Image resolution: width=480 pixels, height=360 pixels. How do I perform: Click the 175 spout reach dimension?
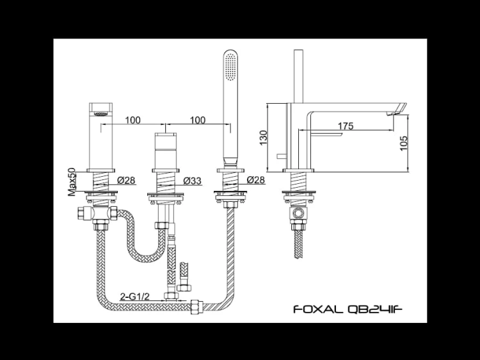346,126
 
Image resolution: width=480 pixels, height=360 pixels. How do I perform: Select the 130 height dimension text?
263,138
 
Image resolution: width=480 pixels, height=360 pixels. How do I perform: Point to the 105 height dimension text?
404,143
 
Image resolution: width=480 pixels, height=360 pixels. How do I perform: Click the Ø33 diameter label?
193,181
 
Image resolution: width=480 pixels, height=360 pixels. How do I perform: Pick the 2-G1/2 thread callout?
134,297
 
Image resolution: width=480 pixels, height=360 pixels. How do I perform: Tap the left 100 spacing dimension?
133,120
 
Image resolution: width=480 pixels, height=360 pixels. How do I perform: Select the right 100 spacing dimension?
198,120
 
